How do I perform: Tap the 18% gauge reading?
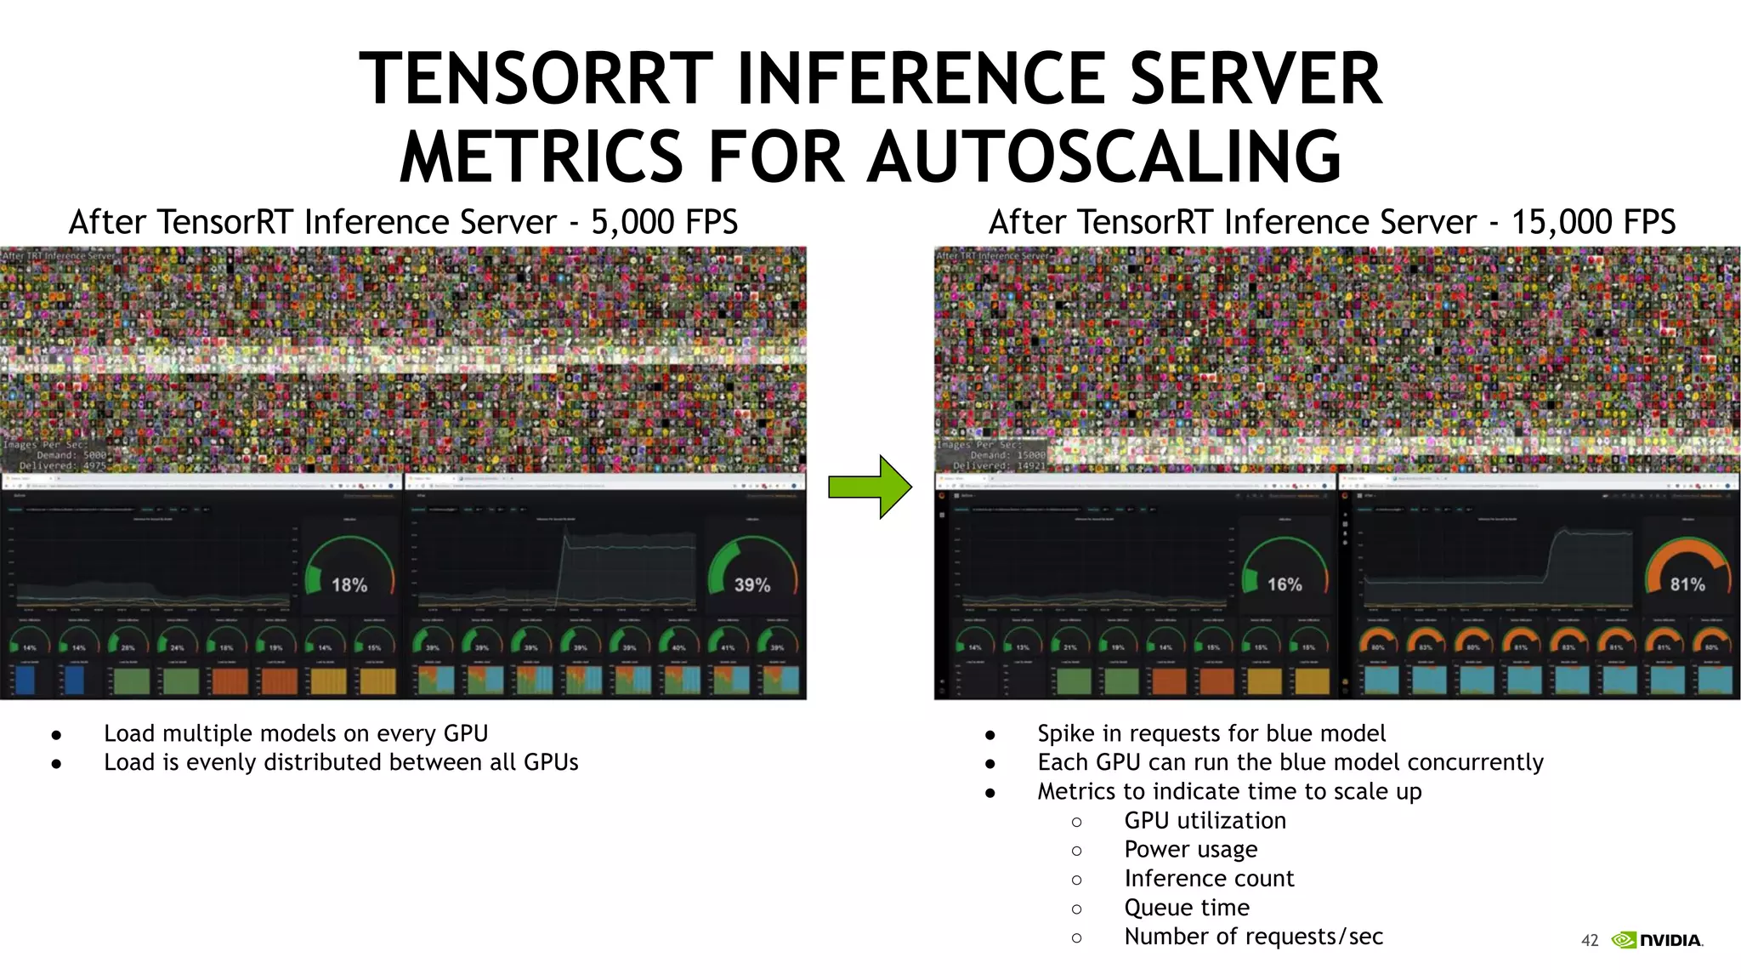(349, 585)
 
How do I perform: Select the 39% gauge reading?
(752, 585)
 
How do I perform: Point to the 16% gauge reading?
(1284, 584)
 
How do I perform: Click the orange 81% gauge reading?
(1687, 584)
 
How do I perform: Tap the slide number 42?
(1590, 940)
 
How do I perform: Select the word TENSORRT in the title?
(536, 78)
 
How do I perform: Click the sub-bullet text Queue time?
(1187, 908)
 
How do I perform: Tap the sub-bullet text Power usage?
(1190, 850)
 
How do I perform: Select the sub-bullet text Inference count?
(1209, 879)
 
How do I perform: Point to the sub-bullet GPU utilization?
(1205, 821)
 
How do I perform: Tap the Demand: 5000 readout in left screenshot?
(71, 455)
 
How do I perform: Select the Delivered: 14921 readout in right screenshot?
(1000, 466)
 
